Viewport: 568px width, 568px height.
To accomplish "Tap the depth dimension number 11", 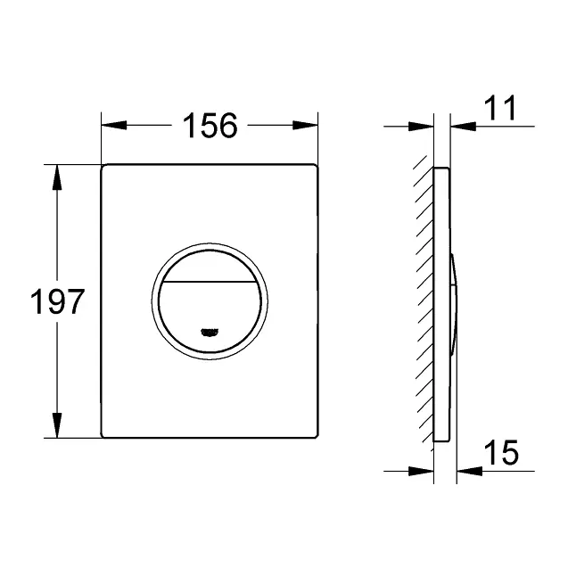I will click(x=498, y=110).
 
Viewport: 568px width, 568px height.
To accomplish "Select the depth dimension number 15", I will click(x=501, y=453).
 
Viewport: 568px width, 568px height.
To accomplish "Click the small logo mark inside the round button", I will click(x=210, y=333).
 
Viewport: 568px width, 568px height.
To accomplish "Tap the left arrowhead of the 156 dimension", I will click(x=109, y=127).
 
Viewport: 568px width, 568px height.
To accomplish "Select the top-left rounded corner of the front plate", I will click(x=105, y=169).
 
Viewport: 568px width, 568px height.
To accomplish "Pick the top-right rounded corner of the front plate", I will click(x=315, y=169).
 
